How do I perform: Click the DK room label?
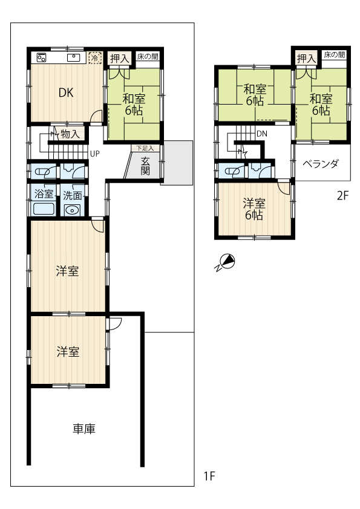(x=66, y=93)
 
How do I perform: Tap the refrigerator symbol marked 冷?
(x=95, y=58)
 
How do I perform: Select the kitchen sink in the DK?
(x=74, y=57)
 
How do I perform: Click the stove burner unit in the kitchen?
(x=42, y=57)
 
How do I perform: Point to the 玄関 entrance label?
(x=145, y=166)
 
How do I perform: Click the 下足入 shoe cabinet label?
(x=145, y=148)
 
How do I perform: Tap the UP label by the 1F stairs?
(x=94, y=154)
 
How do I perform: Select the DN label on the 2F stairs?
(x=261, y=134)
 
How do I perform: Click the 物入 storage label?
(x=70, y=134)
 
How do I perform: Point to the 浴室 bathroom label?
(x=44, y=194)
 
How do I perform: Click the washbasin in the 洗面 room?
(x=71, y=210)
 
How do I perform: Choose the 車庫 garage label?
(x=84, y=429)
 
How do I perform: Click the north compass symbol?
(x=227, y=262)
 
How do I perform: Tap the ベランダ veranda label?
(x=321, y=164)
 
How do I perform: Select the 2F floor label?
(x=343, y=196)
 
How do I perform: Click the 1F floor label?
(x=209, y=476)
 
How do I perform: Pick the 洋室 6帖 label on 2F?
(x=254, y=209)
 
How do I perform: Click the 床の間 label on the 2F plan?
(x=335, y=54)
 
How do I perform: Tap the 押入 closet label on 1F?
(x=120, y=59)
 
